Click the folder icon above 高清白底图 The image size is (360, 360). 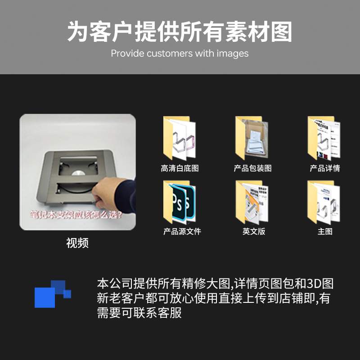(179, 138)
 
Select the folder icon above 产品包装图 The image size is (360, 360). (252, 138)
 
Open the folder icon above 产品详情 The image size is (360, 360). (324, 138)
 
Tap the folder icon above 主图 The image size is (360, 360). (324, 202)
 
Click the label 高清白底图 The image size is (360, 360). (180, 168)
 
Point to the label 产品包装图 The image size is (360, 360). (252, 168)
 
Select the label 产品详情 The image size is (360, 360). (324, 168)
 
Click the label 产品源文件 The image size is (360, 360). (182, 232)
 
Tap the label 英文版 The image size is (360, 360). (254, 232)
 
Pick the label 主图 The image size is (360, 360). (324, 232)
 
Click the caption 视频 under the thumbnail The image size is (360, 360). (77, 243)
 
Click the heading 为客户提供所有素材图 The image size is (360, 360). (180, 32)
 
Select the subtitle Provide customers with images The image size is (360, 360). (180, 54)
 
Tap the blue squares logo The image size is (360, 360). (52, 293)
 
